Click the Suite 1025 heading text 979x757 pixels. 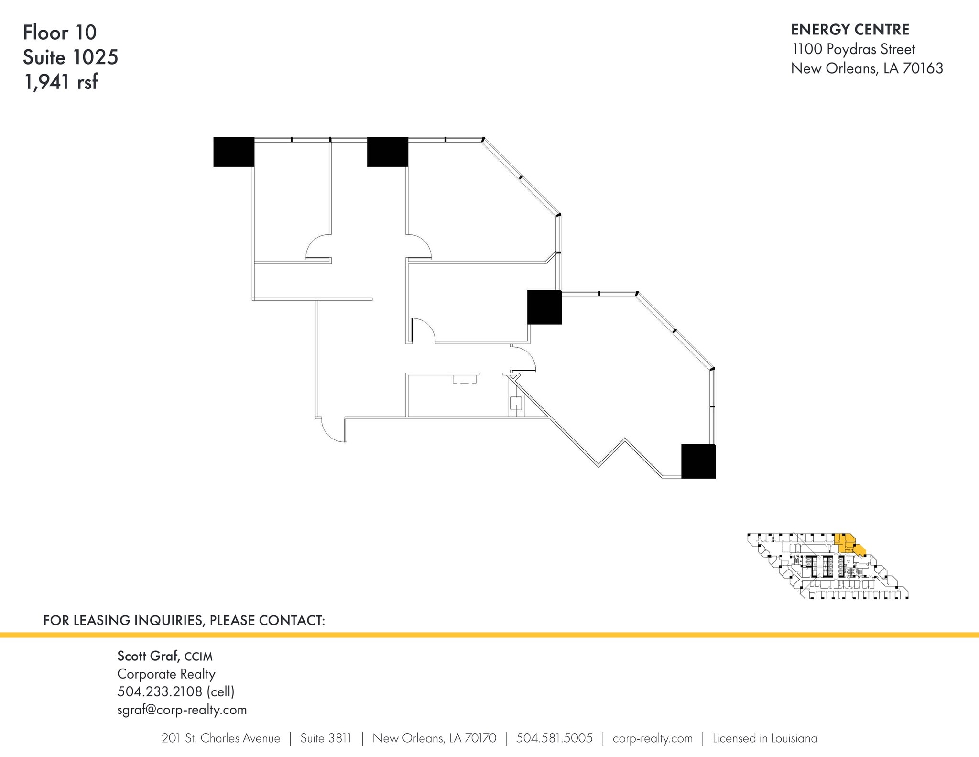tap(70, 57)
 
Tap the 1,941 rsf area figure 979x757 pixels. tap(61, 82)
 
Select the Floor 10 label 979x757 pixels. tap(60, 33)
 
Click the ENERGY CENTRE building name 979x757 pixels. tap(850, 30)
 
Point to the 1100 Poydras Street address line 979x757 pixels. tap(853, 49)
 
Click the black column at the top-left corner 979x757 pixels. tap(234, 152)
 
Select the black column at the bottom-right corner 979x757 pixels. tap(698, 461)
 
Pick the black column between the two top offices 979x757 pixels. tap(388, 152)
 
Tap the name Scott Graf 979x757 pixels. tap(148, 656)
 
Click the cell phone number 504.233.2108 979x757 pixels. tap(160, 691)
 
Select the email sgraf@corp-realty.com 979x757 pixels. tap(182, 710)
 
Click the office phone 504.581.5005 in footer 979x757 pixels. tap(555, 738)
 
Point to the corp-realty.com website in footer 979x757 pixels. tap(653, 739)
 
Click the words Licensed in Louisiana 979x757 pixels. tap(765, 738)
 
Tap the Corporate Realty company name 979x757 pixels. tap(166, 674)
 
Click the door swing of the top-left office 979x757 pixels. tap(318, 246)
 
